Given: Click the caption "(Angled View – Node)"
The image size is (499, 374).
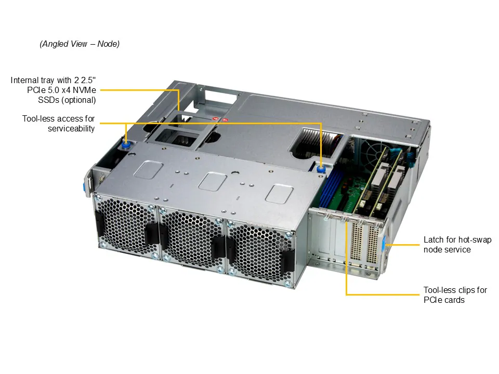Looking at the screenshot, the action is [x=80, y=44].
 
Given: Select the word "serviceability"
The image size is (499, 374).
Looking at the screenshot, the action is [x=71, y=128].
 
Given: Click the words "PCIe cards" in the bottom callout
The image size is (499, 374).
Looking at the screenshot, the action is [x=444, y=300].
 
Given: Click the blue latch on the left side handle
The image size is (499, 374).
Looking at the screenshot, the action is [x=85, y=186].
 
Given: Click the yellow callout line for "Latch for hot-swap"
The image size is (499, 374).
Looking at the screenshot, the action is [x=402, y=245].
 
